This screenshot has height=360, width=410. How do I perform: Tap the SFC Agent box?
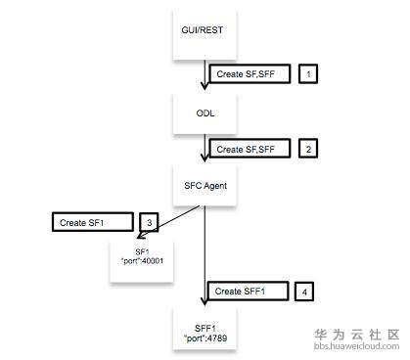205,184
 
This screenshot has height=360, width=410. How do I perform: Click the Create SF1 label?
90,222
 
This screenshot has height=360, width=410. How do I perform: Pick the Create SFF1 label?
248,292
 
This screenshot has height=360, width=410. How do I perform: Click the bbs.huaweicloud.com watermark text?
356,346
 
